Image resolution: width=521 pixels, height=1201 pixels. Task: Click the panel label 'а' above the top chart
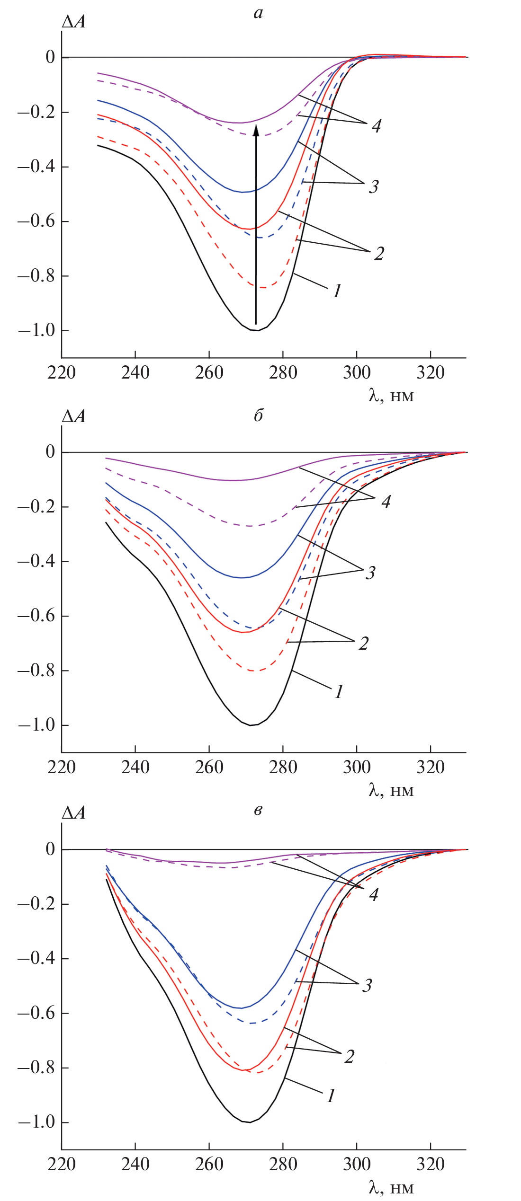(x=258, y=13)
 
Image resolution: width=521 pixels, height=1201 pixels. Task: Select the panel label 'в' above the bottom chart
(x=258, y=810)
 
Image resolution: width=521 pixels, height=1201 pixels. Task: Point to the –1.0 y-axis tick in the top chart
(x=36, y=330)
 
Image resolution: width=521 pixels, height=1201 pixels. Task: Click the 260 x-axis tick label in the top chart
(x=209, y=373)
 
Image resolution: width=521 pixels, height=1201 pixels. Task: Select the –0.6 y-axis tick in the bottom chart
(x=36, y=1013)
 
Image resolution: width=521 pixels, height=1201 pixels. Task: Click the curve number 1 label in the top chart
(x=337, y=291)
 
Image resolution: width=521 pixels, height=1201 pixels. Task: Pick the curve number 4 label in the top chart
(x=376, y=126)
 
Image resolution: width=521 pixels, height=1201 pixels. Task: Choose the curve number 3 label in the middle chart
(x=370, y=573)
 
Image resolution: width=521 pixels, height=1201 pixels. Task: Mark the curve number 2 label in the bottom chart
(x=350, y=1056)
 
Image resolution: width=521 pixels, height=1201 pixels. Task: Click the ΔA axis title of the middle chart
(x=74, y=416)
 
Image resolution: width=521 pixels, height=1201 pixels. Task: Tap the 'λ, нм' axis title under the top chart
(x=391, y=395)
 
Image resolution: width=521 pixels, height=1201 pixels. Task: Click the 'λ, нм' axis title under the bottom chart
(x=391, y=1187)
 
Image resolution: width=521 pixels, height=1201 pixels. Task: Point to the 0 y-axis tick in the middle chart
(x=50, y=452)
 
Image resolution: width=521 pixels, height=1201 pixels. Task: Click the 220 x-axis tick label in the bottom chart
(x=61, y=1165)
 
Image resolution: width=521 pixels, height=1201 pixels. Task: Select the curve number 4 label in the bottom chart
(x=374, y=894)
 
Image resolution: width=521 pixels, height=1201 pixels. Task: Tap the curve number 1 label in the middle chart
(x=339, y=692)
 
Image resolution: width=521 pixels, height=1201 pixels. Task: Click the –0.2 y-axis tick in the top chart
(x=36, y=112)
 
